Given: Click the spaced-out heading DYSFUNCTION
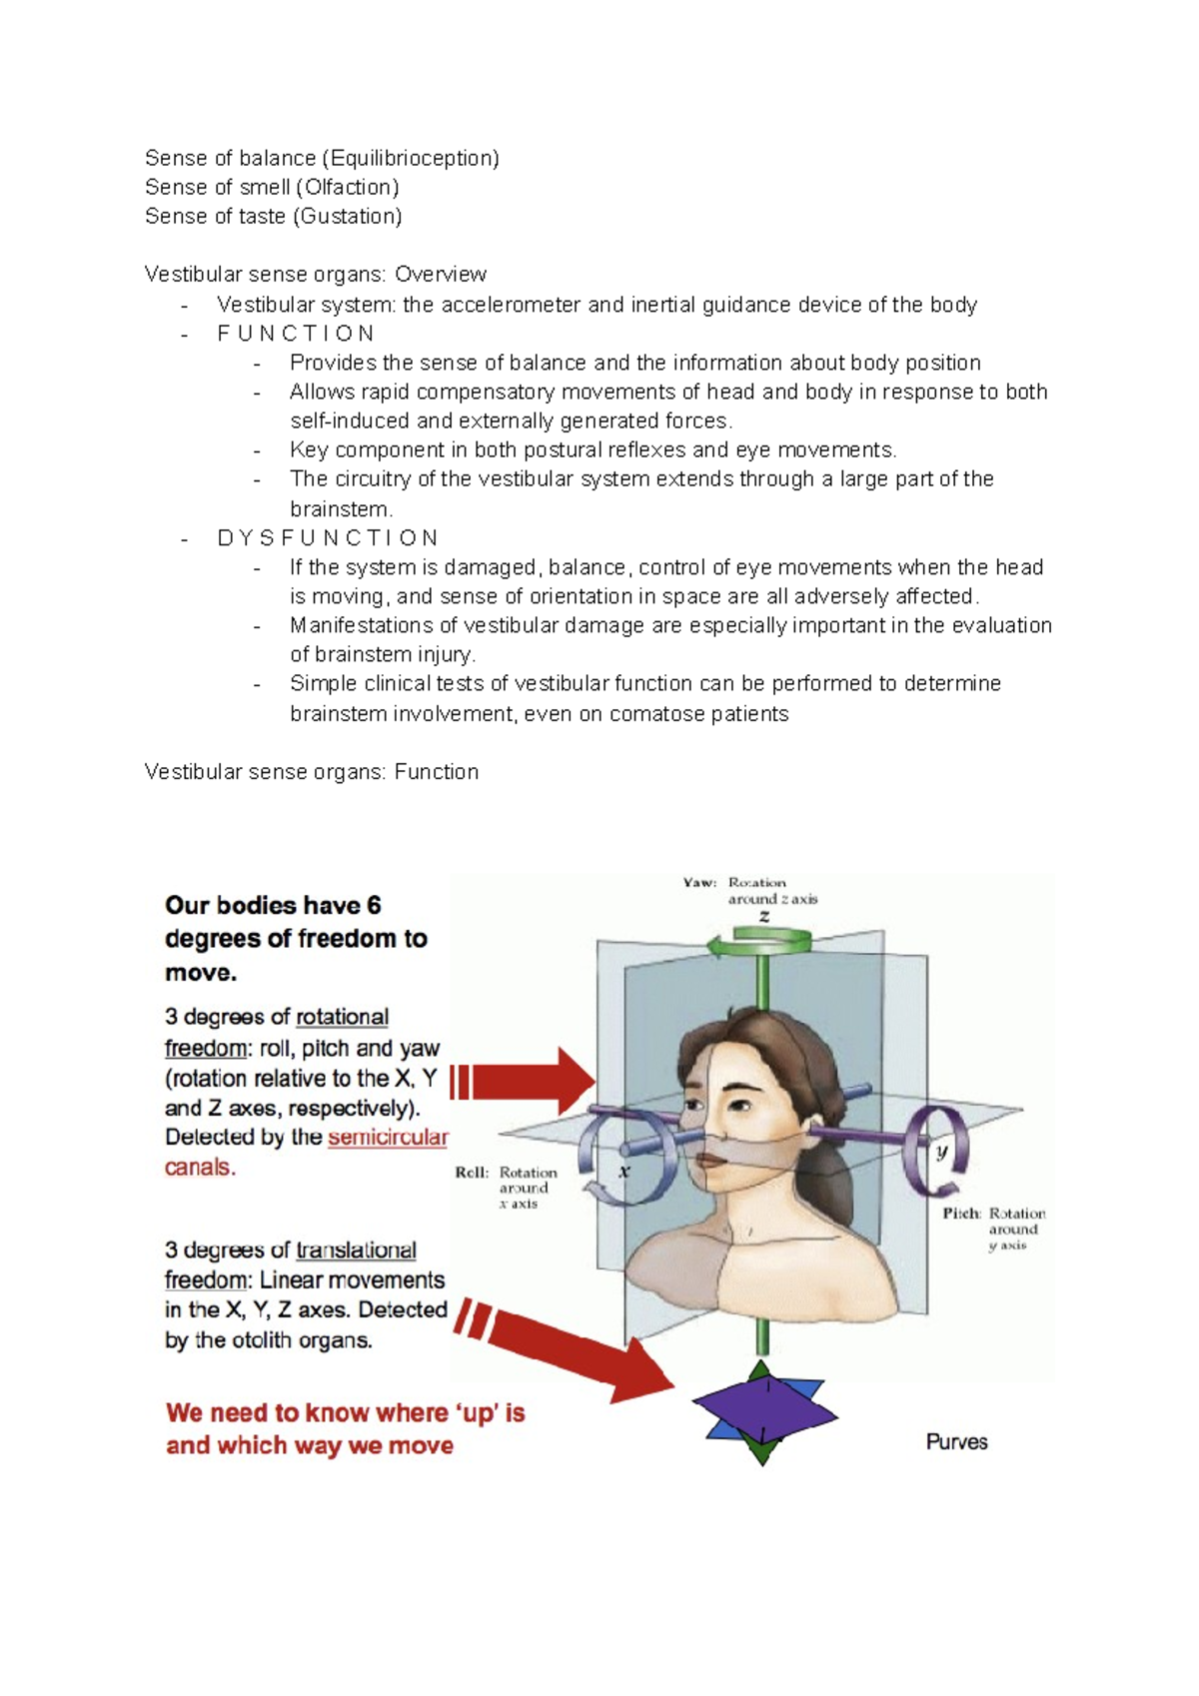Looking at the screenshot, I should point(327,538).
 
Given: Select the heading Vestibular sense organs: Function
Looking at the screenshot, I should point(311,772).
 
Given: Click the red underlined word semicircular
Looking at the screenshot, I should point(388,1138).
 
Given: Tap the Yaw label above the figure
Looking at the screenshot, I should point(699,883).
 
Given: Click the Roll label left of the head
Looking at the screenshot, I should point(472,1173).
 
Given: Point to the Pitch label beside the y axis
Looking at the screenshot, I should point(961,1214).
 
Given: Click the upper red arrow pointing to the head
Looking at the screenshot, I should point(530,1082).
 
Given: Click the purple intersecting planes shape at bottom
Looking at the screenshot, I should point(763,1411).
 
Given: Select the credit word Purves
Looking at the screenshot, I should point(956,1442).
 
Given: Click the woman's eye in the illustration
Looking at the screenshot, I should point(740,1106).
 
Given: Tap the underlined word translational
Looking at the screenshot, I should point(357,1251).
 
